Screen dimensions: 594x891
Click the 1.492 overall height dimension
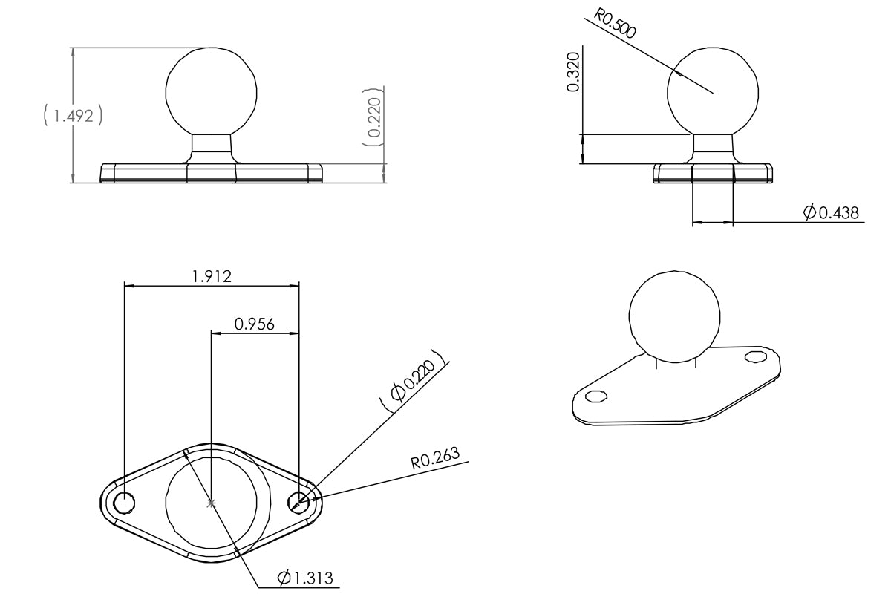72,116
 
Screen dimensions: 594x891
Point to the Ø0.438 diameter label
831,213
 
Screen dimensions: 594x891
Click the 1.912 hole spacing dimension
212,276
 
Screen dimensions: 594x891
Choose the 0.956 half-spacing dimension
255,324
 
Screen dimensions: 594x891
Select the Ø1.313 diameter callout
304,578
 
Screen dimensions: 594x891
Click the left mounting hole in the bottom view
125,503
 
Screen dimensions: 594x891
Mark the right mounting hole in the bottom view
299,503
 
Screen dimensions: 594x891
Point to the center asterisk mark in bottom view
212,503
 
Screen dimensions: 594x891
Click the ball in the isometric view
674,313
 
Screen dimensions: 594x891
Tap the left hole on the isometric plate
596,395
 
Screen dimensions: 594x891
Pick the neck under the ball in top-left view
212,146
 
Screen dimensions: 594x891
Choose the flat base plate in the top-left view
212,173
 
